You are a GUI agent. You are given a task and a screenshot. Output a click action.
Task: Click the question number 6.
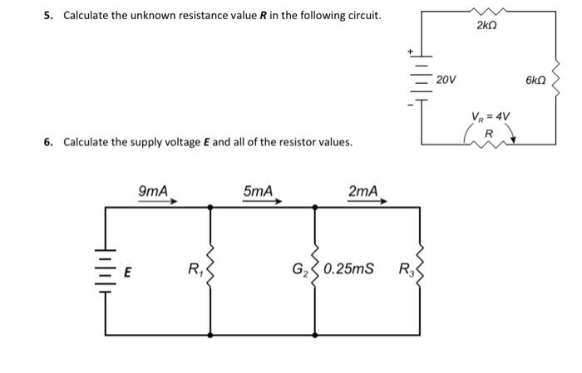[47, 142]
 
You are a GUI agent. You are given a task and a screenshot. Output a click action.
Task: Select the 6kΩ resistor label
[535, 80]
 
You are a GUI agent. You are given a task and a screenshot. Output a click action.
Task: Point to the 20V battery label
[446, 80]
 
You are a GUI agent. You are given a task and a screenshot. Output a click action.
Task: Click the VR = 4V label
[491, 115]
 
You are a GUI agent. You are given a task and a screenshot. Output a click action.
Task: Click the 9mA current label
[153, 191]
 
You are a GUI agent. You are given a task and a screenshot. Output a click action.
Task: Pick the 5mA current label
[259, 191]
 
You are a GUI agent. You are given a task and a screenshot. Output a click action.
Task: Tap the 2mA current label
[363, 191]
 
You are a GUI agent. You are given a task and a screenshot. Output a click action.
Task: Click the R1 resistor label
[194, 268]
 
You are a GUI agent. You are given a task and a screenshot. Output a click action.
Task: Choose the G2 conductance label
[298, 268]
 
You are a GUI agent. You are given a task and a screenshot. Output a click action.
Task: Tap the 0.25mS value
[348, 268]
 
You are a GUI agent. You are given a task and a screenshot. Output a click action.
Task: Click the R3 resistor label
[405, 268]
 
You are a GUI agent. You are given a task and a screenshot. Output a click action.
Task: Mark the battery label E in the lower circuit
[128, 270]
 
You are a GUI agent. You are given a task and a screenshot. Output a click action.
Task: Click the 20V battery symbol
[421, 80]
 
